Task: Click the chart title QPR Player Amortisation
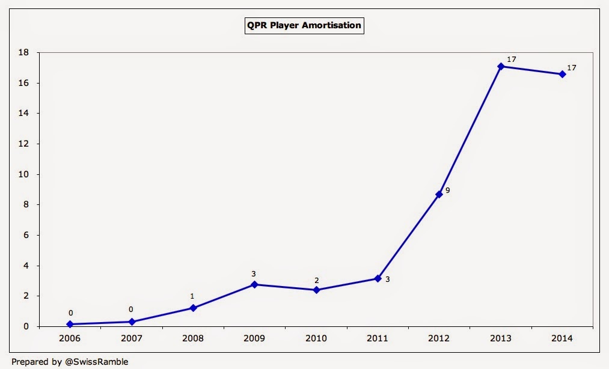tap(304, 25)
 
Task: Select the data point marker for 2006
tap(70, 324)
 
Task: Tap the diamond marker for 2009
tap(254, 284)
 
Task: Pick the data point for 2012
tap(439, 194)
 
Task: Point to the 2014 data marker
tap(562, 74)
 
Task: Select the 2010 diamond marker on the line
tap(316, 290)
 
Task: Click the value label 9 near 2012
tap(447, 191)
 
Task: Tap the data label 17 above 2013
tap(512, 59)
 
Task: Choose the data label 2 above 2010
tap(316, 279)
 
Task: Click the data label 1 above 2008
tap(193, 296)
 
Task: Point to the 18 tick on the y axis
tap(23, 52)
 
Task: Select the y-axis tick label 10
tap(23, 174)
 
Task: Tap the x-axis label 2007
tap(132, 338)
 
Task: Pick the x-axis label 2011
tap(378, 338)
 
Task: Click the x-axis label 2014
tap(562, 338)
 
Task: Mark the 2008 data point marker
tap(193, 308)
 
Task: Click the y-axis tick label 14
tap(23, 113)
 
